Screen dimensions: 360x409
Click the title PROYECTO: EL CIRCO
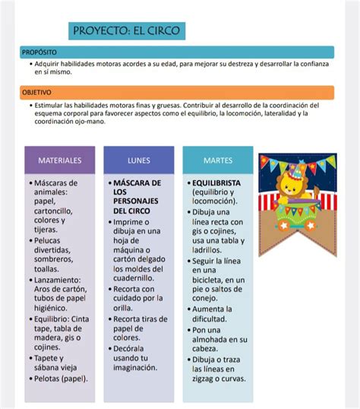(x=125, y=31)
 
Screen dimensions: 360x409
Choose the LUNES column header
(x=139, y=161)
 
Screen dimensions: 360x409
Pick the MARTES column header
(x=218, y=161)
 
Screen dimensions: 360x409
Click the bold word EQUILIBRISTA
(x=216, y=183)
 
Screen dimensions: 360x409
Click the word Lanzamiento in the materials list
(x=58, y=280)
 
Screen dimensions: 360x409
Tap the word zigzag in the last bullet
(x=205, y=378)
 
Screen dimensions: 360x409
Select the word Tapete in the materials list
(x=49, y=358)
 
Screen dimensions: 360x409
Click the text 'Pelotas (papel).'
(x=62, y=378)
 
